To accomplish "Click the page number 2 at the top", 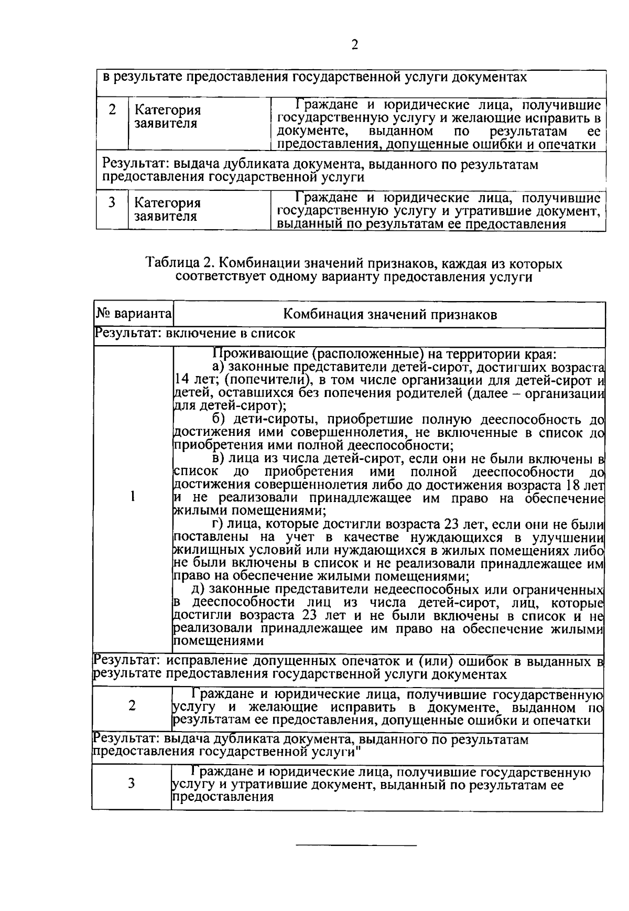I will coord(354,45).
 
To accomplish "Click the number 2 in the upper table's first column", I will coord(112,110).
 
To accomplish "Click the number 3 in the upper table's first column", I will coord(112,202).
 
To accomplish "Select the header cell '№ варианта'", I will coord(134,314).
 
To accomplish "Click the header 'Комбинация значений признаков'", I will coord(390,315).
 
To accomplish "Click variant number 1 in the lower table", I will coord(133,496).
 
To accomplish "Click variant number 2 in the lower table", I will coord(132,706).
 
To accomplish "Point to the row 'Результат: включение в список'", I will coord(194,333).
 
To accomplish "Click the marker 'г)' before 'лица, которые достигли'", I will coord(219,524).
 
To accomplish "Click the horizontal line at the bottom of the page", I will coord(356,845).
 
